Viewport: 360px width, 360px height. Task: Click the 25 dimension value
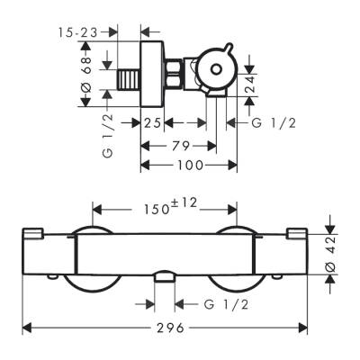[152, 122]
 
